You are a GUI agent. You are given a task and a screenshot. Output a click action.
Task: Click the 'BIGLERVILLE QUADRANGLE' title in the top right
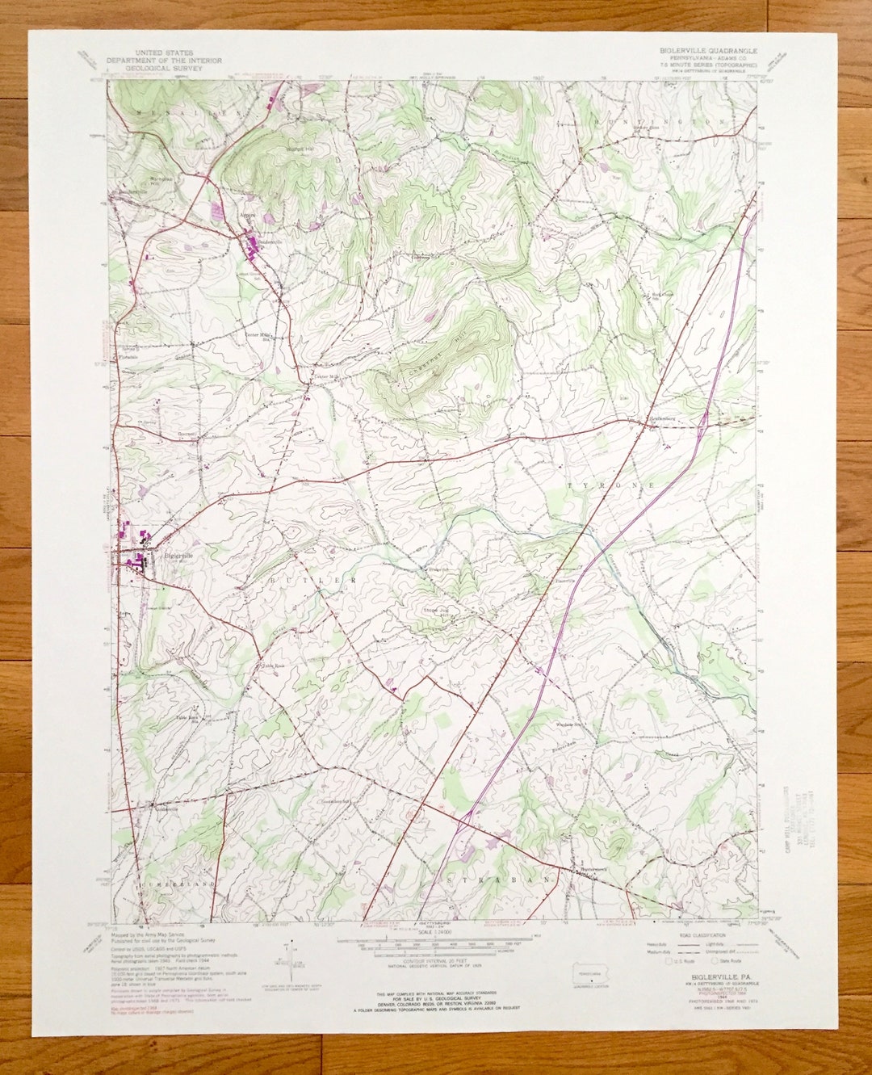[705, 49]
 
